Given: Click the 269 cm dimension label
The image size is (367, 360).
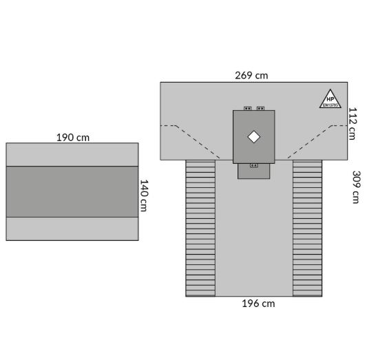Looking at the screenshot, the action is pos(251,76).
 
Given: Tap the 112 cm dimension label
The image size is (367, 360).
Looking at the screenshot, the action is pos(353,123).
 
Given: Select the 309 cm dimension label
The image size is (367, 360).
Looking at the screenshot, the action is pos(357,187).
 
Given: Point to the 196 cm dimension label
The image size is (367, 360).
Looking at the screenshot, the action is pos(258,304).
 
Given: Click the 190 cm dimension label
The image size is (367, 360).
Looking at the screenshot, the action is pos(73,138).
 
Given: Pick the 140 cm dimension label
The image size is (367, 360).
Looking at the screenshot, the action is pos(143,195).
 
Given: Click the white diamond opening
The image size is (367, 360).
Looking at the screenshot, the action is pos(253,137).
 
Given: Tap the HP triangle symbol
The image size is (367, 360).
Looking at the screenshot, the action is pos(331,98).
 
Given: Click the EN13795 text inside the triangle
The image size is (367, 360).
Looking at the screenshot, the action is pos(331,105).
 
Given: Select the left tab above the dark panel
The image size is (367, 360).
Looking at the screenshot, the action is pos(247,108).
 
